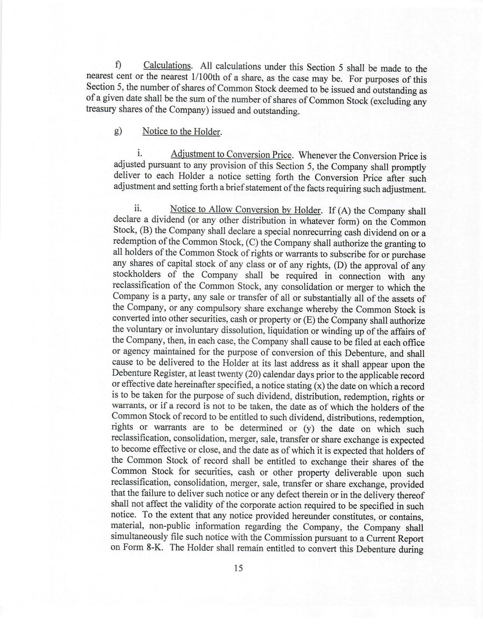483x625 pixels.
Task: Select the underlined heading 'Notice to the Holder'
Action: pos(181,132)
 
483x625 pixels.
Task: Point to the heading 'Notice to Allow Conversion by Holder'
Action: pos(244,209)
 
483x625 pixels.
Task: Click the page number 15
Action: pos(238,568)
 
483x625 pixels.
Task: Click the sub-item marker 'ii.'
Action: pos(138,208)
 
